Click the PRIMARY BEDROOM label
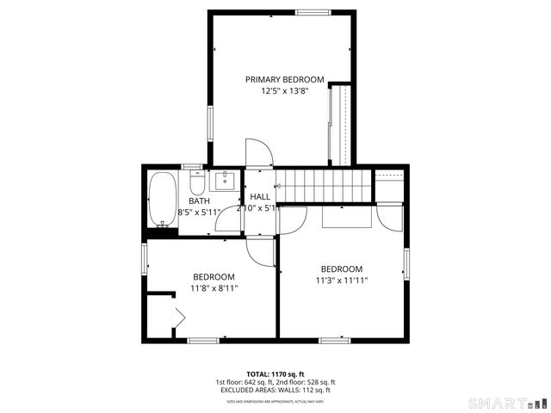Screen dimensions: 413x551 (284, 79)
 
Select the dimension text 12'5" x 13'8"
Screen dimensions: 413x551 (284, 90)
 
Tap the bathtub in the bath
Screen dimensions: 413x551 (161, 200)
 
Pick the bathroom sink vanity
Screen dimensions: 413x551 (225, 180)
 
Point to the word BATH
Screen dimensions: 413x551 (199, 200)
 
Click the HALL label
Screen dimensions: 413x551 (260, 197)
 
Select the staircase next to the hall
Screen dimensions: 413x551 (322, 182)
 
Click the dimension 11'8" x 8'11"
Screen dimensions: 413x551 (214, 288)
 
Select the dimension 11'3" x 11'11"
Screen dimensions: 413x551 (341, 280)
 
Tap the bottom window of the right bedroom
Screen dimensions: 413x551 (335, 340)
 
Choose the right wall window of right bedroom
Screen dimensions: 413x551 (406, 265)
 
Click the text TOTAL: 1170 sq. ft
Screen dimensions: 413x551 (275, 374)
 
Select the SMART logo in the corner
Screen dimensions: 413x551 (506, 403)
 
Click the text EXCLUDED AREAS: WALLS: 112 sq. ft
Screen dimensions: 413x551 (275, 391)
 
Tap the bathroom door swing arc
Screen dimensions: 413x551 (229, 220)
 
